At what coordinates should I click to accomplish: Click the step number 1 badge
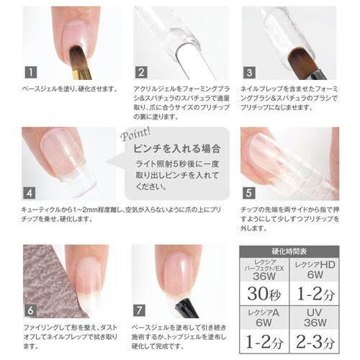(x=30, y=73)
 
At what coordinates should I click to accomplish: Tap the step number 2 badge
(x=141, y=73)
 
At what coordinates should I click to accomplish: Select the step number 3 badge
(x=248, y=73)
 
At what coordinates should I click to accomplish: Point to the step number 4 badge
(x=30, y=193)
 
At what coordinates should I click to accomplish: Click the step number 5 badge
(x=248, y=193)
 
